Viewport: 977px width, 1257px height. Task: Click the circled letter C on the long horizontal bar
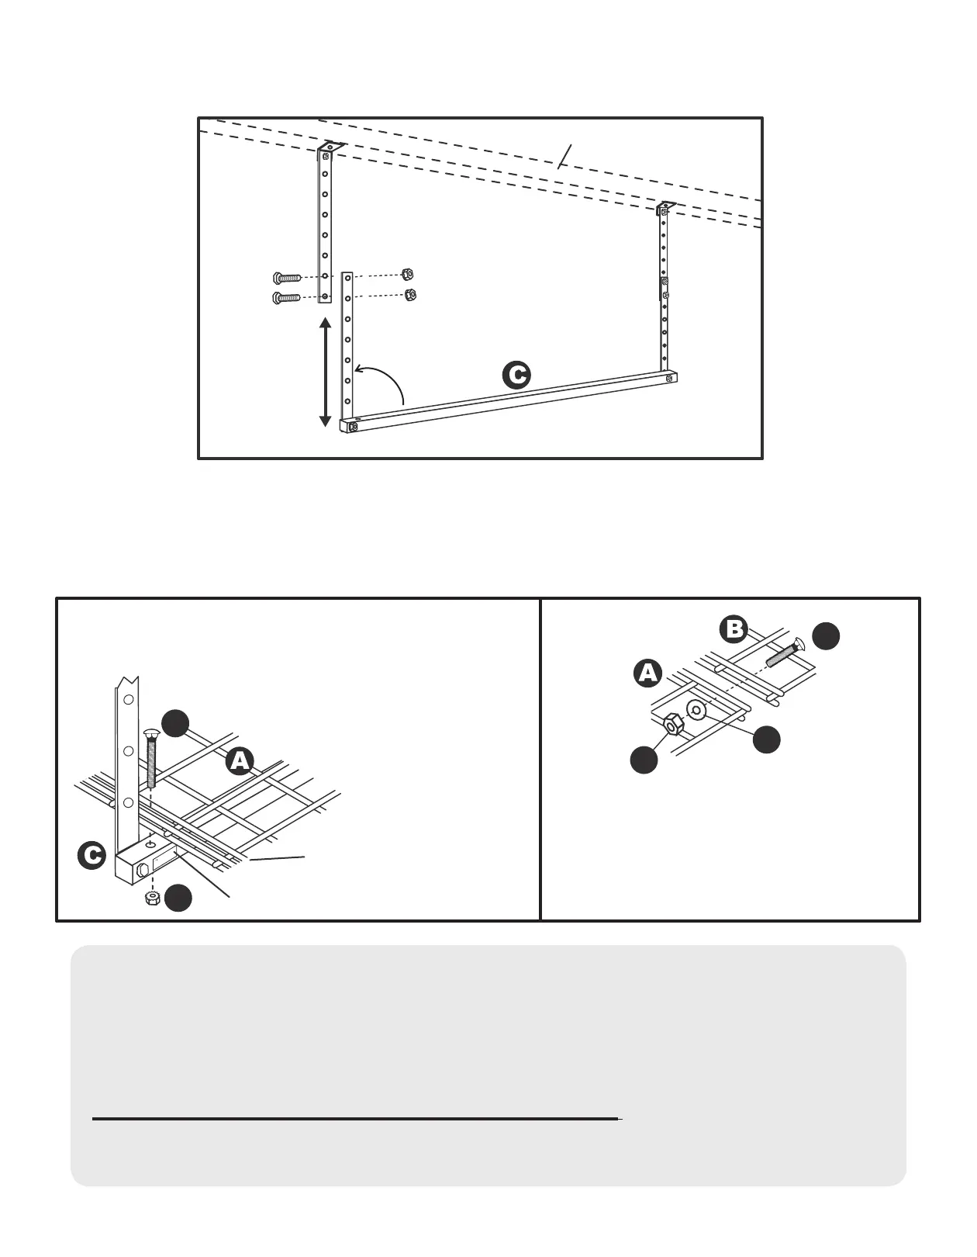516,375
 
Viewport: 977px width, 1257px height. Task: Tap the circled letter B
734,629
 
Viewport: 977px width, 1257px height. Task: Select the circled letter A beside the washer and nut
647,673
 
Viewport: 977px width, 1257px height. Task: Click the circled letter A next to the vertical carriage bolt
240,761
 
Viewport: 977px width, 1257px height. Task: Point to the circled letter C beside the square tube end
91,856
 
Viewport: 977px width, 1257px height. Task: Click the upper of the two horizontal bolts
286,277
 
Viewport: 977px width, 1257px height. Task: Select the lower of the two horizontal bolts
286,297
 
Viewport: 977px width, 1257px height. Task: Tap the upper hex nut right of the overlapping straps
408,274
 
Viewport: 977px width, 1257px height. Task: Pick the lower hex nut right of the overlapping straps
411,294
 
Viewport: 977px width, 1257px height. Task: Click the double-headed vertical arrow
326,372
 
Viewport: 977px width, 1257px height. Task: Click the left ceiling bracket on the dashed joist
330,147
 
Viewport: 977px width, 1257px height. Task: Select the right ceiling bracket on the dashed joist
665,207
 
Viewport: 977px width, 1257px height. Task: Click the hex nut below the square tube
153,898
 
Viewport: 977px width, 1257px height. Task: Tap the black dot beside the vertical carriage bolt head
176,722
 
